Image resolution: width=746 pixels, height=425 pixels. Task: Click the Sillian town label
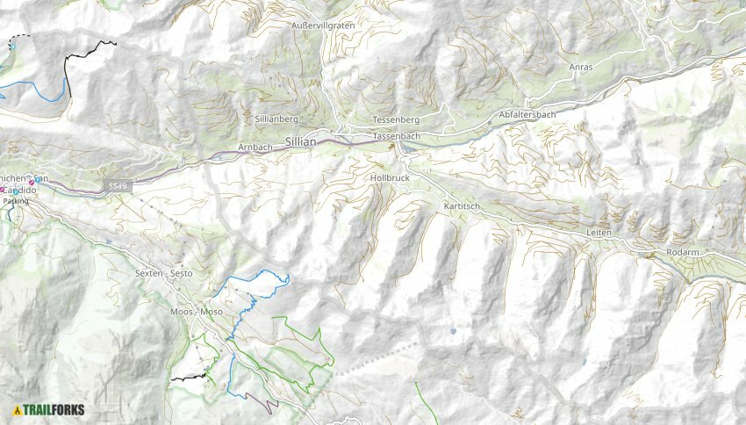point(300,141)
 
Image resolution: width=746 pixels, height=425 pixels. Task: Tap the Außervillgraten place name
point(322,26)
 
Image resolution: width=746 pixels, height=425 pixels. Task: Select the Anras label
point(581,67)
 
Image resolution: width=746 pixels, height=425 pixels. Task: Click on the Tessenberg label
point(397,119)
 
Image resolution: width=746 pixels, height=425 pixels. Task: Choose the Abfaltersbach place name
point(527,115)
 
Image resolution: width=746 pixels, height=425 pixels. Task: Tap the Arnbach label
point(255,147)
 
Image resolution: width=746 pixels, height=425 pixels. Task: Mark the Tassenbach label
point(396,137)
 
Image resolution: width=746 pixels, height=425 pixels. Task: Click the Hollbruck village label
point(390,177)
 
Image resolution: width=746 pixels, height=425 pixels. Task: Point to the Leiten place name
point(599,232)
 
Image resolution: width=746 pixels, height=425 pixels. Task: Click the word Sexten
point(149,273)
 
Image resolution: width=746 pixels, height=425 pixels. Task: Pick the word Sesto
point(182,273)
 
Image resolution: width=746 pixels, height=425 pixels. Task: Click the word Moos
point(180,312)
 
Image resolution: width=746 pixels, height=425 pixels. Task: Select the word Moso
point(212,312)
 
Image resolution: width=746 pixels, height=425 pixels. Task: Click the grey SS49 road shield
point(117,186)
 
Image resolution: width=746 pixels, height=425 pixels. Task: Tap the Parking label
point(16,201)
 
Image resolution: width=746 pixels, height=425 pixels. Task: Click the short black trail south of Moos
point(188,378)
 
